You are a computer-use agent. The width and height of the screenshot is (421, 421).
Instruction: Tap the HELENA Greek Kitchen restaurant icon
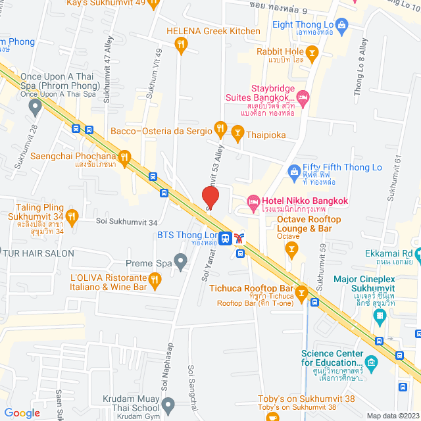coord(182,45)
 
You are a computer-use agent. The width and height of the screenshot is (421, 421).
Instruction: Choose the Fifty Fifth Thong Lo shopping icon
coord(294,172)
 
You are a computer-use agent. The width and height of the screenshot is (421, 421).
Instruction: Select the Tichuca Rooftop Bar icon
coord(301,292)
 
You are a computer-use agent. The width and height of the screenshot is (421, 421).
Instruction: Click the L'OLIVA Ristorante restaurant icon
coord(155,281)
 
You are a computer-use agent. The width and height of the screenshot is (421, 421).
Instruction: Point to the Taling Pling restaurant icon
coord(72,214)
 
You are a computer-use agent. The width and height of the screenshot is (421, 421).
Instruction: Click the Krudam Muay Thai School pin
coord(168,404)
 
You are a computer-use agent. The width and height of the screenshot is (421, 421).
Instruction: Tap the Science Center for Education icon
coord(372,361)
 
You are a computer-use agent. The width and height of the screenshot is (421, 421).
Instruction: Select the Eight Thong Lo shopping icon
coord(341,26)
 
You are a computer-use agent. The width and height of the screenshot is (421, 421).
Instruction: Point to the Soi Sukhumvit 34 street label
coord(126,222)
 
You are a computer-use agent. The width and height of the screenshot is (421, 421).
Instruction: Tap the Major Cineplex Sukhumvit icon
coord(380,316)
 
